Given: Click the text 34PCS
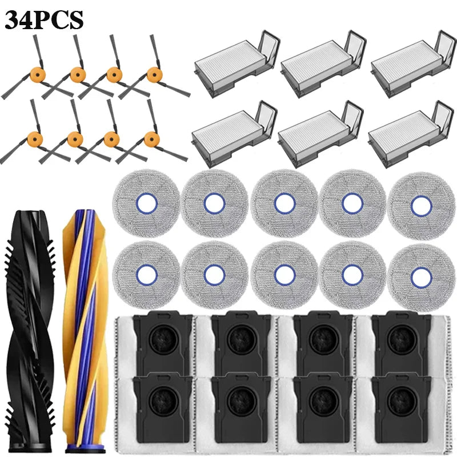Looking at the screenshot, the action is tap(44, 20).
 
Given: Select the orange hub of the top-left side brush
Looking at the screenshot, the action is tap(38, 75).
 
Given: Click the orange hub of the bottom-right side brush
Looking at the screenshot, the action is tap(152, 139).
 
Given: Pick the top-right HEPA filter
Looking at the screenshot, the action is tap(412, 64).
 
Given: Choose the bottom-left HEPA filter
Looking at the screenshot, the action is tap(234, 134).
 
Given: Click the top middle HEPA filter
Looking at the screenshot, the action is tap(323, 64).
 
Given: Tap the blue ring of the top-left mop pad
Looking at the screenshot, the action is tap(147, 203).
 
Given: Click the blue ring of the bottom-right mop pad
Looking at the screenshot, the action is tap(421, 278).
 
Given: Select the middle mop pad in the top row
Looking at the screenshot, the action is tap(284, 203).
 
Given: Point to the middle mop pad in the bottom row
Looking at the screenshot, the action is tap(284, 275).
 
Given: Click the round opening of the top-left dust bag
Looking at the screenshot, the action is tap(163, 339).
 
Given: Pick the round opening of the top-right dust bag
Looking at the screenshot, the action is tap(403, 339).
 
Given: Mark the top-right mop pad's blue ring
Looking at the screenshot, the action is tap(421, 206).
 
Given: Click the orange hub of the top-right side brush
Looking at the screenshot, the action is tap(155, 75).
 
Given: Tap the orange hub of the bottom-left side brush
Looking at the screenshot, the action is tap(35, 139).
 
